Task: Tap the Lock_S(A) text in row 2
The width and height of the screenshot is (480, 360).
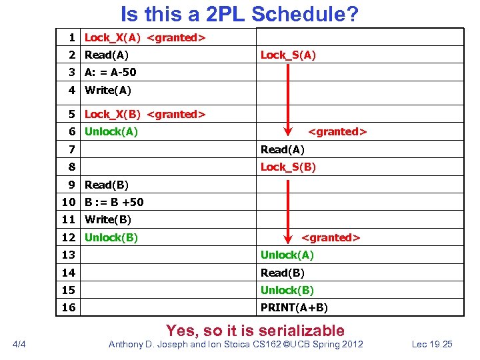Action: click(288, 55)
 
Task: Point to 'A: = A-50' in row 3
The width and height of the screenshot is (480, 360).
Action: click(110, 73)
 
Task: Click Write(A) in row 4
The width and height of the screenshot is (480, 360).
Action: click(107, 90)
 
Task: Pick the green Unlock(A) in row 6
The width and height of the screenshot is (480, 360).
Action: click(111, 131)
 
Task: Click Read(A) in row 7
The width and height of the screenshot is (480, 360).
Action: click(283, 149)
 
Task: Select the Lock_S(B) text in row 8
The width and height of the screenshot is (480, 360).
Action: click(288, 167)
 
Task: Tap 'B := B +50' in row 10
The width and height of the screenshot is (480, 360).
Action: click(113, 202)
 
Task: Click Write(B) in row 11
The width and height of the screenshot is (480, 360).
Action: click(107, 219)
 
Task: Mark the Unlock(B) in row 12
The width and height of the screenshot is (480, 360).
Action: click(111, 237)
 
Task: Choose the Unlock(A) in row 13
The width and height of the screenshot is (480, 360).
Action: click(287, 255)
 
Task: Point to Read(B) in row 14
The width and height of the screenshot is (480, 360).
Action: click(283, 273)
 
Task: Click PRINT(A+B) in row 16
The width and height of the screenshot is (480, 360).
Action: click(294, 307)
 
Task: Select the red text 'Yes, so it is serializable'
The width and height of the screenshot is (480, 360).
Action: click(255, 330)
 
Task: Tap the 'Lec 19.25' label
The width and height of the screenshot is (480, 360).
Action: click(432, 344)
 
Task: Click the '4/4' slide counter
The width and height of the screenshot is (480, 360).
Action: click(20, 344)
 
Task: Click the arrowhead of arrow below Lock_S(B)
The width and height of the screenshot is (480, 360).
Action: click(287, 236)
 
